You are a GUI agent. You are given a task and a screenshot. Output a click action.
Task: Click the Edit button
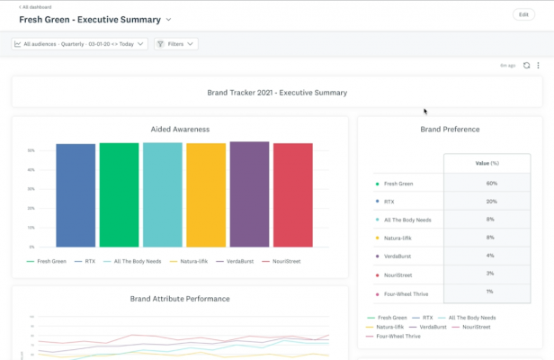tap(523, 14)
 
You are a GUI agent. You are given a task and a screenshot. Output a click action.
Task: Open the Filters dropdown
tap(175, 43)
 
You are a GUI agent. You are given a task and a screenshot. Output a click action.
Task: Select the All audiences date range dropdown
tap(79, 43)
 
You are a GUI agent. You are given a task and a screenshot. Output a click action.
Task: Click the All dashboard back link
tap(35, 6)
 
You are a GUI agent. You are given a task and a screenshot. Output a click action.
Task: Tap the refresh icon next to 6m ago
tap(526, 66)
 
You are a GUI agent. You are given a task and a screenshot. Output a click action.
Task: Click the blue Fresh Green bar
tap(76, 194)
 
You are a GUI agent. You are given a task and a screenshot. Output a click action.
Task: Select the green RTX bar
tap(119, 194)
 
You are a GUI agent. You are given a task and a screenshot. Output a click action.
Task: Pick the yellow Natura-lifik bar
tap(206, 194)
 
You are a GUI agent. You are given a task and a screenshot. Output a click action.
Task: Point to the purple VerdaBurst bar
tap(249, 194)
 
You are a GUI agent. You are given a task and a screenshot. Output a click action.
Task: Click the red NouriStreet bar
tap(292, 194)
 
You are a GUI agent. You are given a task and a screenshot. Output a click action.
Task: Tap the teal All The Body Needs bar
tap(162, 194)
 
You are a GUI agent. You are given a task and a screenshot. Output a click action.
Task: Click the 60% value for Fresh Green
tap(491, 184)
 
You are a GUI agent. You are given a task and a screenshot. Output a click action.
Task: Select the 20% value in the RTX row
tap(491, 202)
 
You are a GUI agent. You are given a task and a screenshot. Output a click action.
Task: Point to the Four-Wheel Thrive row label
tap(404, 292)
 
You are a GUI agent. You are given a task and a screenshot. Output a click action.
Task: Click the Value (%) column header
tap(487, 163)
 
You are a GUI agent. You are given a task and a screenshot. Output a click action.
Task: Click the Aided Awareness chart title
tap(180, 129)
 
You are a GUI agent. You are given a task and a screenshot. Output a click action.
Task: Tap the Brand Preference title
tap(450, 129)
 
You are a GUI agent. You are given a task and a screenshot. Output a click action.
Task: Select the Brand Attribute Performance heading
tap(180, 298)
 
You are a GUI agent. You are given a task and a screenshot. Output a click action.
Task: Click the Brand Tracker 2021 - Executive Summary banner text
tap(276, 92)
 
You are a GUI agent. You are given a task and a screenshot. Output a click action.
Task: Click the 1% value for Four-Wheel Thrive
tap(491, 292)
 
